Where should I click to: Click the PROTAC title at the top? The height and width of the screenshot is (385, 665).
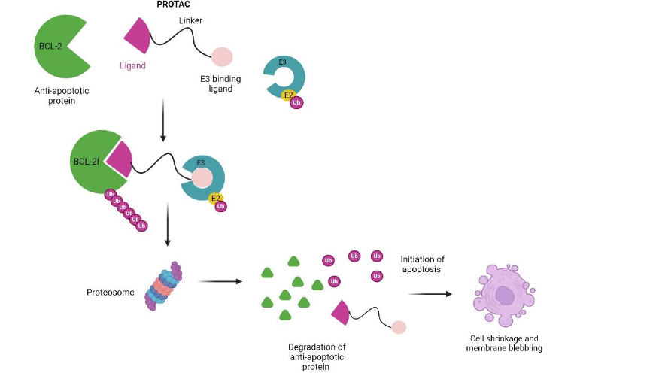(173, 5)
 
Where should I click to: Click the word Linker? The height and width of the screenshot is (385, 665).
(191, 20)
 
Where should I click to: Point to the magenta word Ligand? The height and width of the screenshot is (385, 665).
(132, 65)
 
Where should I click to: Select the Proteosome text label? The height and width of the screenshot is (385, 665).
(110, 287)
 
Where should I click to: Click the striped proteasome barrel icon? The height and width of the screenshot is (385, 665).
(165, 286)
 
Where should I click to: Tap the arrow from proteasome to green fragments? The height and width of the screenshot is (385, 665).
(220, 282)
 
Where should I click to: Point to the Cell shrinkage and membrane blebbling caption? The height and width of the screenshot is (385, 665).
(503, 344)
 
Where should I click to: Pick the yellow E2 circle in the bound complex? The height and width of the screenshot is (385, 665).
(216, 199)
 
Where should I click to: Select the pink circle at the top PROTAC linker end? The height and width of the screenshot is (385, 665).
(222, 56)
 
